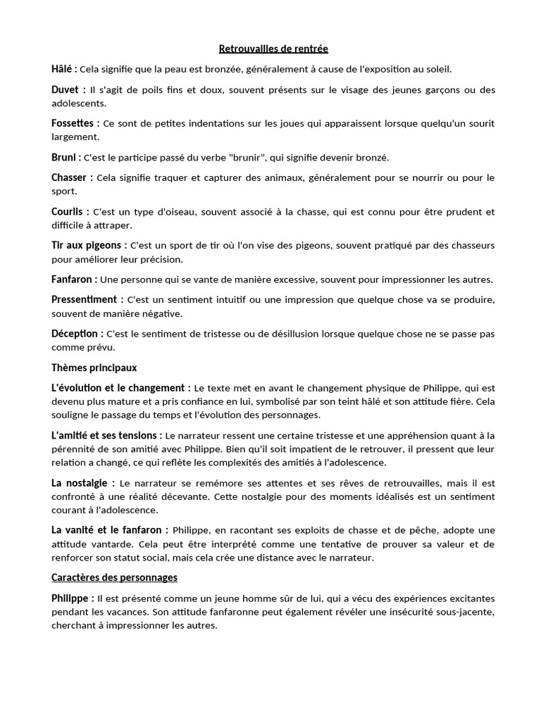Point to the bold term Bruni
coord(64,157)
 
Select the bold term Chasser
coord(70,177)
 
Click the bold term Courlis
coord(68,211)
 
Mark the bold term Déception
coord(75,333)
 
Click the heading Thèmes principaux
coord(94,368)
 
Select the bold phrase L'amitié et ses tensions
coord(105,436)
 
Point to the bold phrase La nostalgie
coord(80,483)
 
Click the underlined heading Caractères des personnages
coord(114,577)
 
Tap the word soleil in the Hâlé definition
coord(438,70)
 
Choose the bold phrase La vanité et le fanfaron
coord(108,530)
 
